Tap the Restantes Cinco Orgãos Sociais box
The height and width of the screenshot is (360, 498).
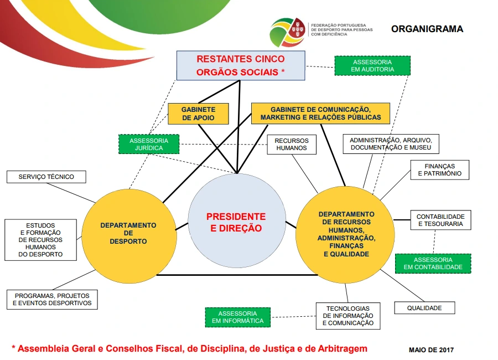coord(241,65)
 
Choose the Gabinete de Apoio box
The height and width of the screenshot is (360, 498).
coord(198,114)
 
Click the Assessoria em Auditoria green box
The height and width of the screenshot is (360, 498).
coord(372,65)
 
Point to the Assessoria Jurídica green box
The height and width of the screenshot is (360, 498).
coord(150,144)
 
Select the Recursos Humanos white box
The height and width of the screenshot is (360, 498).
coord(292,145)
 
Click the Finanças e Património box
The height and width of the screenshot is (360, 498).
coord(439,169)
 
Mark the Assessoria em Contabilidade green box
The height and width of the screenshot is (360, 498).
coord(433,263)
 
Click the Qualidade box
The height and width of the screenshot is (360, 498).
coord(424,308)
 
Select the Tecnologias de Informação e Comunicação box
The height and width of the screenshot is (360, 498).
coord(348,316)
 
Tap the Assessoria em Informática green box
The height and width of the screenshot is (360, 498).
coord(238,317)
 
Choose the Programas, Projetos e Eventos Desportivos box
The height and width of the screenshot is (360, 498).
coord(53,300)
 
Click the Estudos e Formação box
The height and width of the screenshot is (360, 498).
coord(40,240)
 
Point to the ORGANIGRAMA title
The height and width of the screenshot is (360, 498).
coord(427,29)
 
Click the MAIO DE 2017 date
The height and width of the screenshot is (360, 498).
coord(431,349)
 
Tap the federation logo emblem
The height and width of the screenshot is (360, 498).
coord(287,32)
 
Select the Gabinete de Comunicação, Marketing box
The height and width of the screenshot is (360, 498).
coord(320,113)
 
